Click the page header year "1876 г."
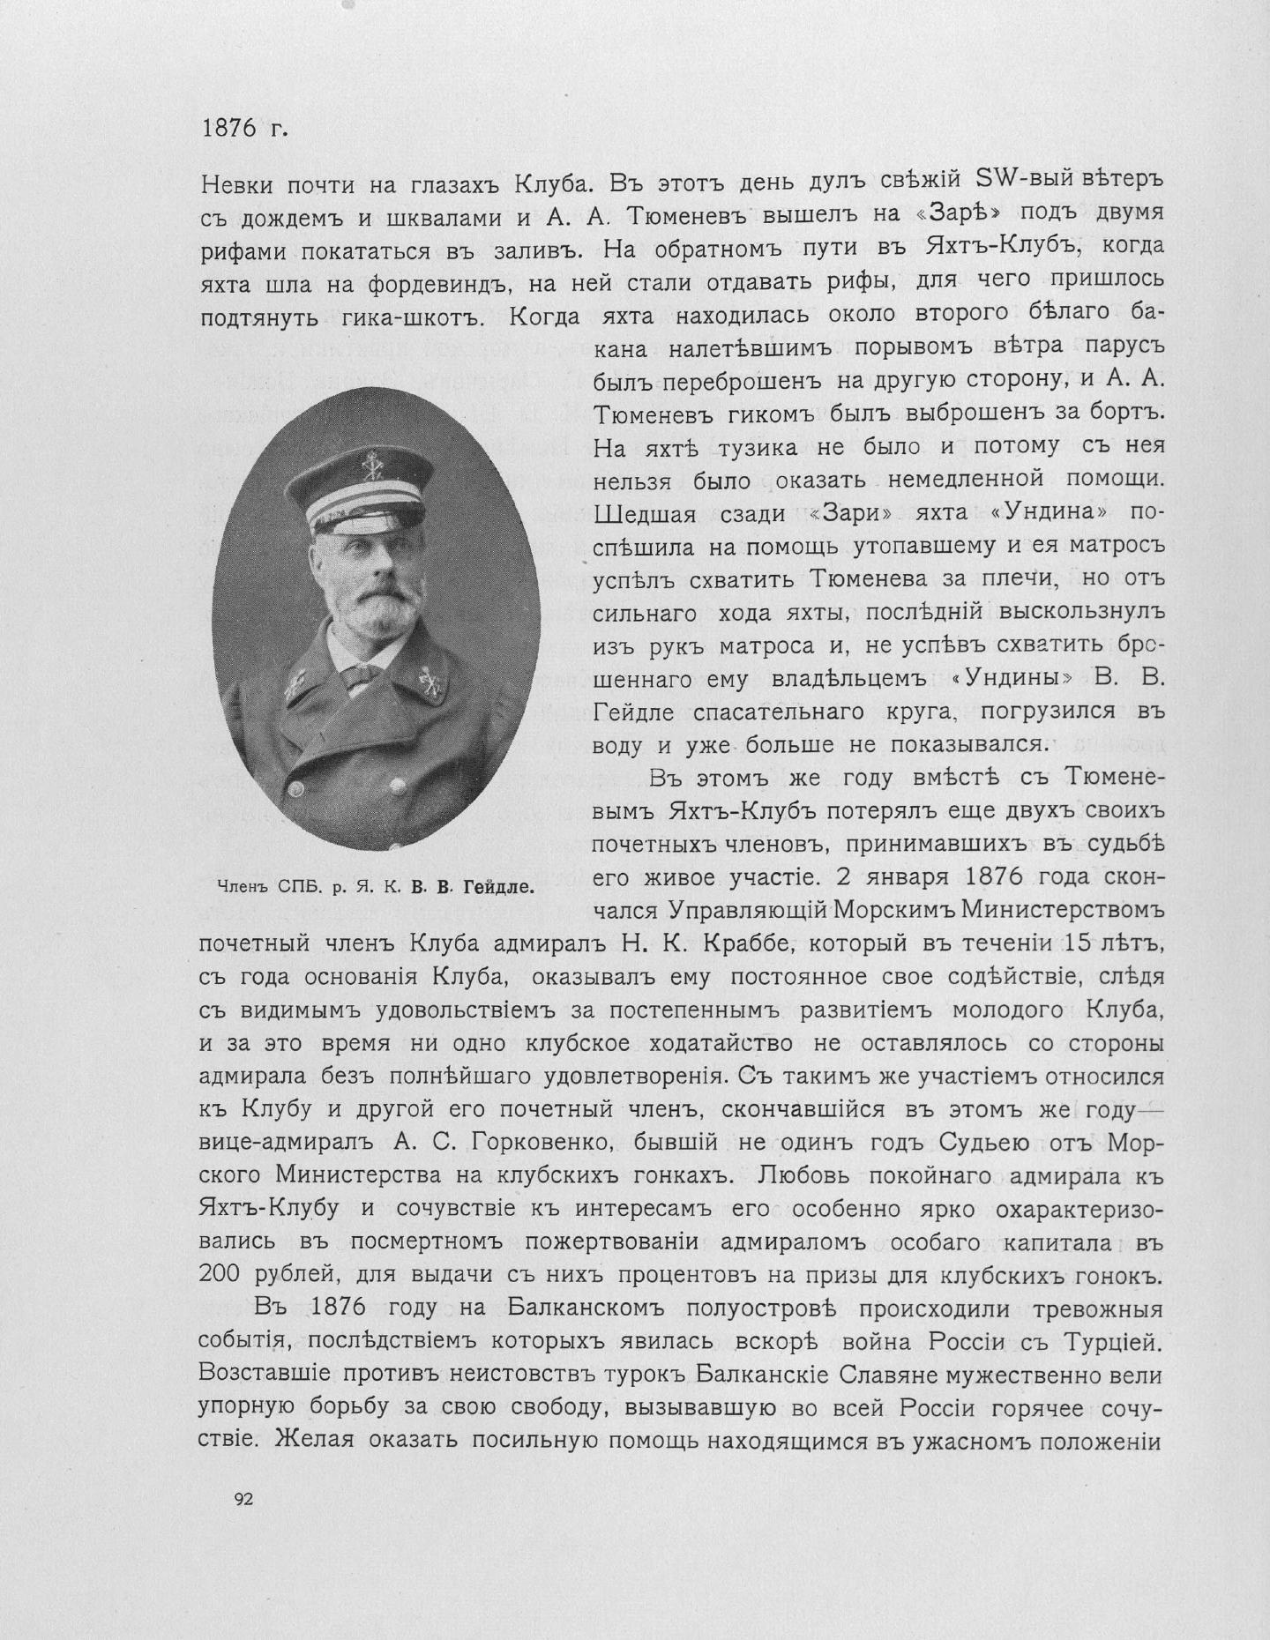tap(245, 129)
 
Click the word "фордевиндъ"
tap(417, 283)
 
